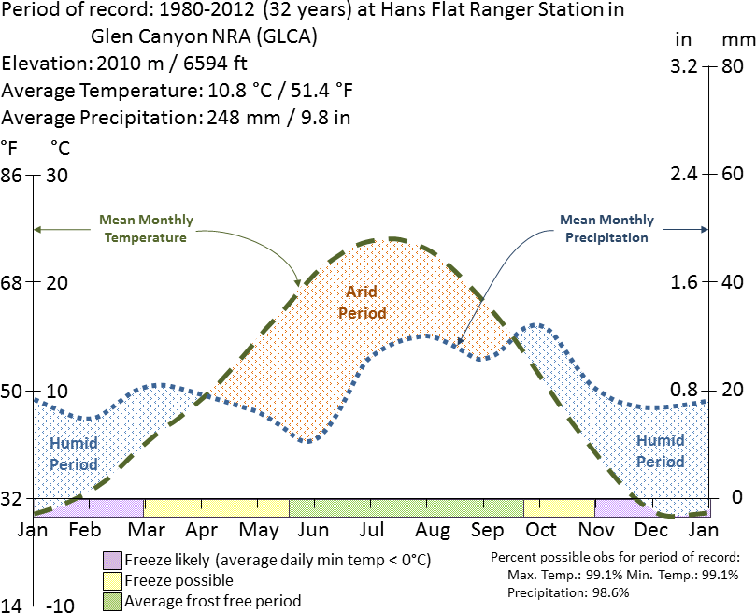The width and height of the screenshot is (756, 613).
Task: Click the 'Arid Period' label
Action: point(362,302)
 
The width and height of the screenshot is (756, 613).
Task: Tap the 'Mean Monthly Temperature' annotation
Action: point(145,229)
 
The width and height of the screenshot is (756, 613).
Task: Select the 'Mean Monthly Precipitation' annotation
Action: point(606,229)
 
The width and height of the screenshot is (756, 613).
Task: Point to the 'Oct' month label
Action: point(541,531)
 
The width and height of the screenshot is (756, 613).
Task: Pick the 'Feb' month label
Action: point(85,531)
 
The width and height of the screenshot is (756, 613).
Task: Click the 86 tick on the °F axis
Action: point(11,175)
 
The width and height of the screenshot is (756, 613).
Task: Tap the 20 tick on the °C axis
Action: point(58,282)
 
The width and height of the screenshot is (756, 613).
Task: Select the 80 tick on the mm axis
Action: point(732,66)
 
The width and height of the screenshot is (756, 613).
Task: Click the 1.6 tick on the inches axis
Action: point(686,282)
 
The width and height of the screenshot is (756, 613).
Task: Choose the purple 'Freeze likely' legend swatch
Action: point(112,561)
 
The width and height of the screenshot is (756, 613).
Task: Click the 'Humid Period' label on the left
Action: point(73,453)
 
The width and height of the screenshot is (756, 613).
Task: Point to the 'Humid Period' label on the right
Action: point(660,450)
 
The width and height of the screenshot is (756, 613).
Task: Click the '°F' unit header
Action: point(10,148)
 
